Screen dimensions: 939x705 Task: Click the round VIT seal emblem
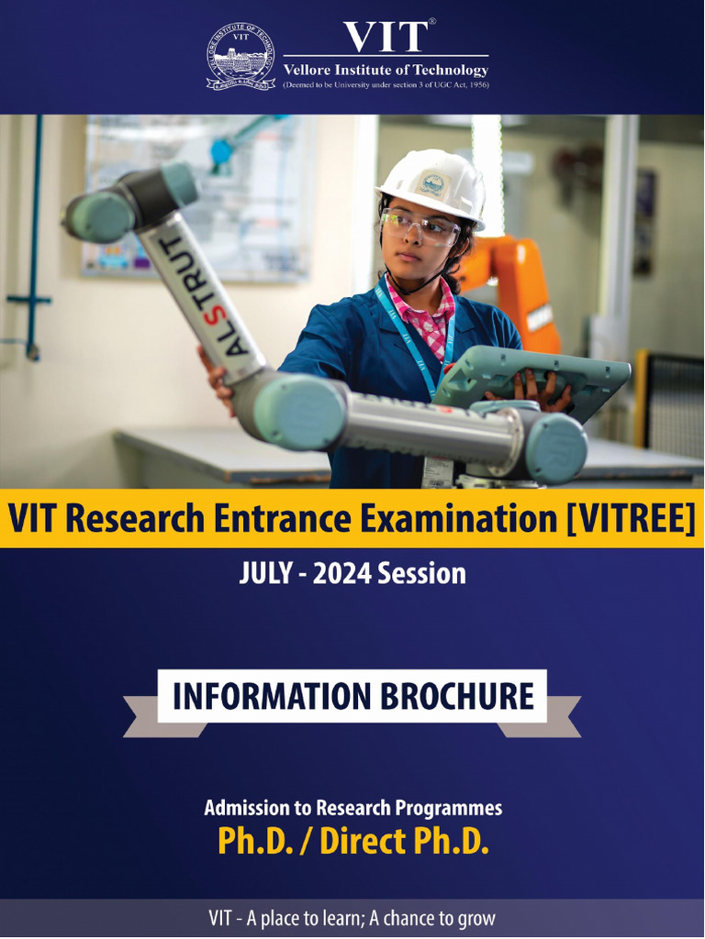[241, 57]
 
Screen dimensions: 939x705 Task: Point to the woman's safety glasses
[420, 226]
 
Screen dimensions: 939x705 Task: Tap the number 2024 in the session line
[343, 574]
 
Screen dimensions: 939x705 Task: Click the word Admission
[247, 808]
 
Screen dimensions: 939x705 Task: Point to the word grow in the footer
[476, 918]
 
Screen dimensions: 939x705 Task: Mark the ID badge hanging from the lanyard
[440, 469]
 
